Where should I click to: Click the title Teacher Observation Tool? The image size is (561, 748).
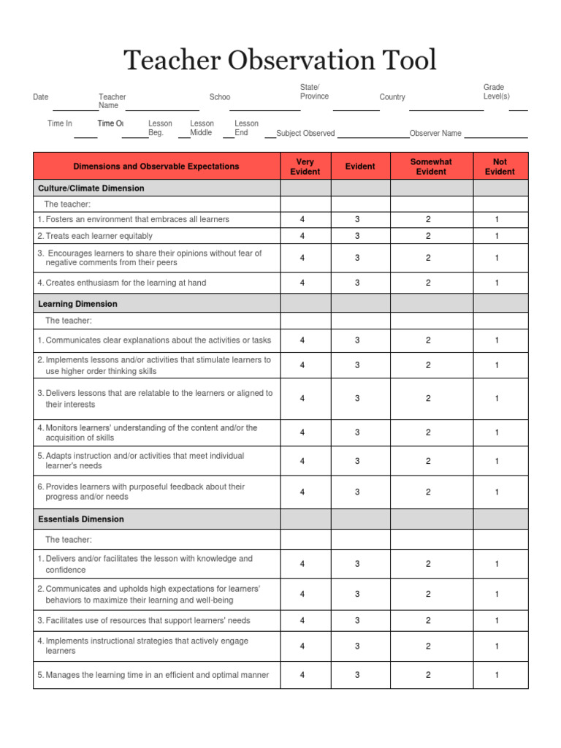[x=280, y=60]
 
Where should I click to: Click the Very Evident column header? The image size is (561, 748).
[x=305, y=167]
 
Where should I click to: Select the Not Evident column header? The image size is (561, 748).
[x=500, y=167]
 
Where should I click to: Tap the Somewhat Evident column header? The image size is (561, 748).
[x=431, y=167]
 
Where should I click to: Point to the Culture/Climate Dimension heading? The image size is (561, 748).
[x=91, y=188]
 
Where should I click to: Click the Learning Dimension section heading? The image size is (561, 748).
[x=77, y=304]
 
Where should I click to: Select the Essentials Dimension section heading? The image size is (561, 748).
[x=81, y=519]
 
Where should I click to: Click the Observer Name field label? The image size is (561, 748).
[x=435, y=134]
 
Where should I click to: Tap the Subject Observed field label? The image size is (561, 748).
[x=305, y=134]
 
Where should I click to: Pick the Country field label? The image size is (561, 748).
[x=392, y=97]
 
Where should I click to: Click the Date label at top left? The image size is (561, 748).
[x=41, y=97]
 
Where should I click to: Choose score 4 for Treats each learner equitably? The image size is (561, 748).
[x=302, y=236]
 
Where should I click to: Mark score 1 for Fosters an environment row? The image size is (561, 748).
[x=497, y=219]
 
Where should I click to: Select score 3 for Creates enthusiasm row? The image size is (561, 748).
[x=357, y=283]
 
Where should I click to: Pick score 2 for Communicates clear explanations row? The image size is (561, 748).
[x=428, y=340]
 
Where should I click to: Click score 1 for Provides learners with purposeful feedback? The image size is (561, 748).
[x=497, y=492]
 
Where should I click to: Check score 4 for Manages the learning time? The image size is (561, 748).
[x=302, y=675]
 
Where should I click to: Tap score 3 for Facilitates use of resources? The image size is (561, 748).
[x=357, y=621]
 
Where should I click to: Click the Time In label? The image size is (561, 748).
[x=60, y=123]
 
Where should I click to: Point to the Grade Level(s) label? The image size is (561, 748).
[x=496, y=92]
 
